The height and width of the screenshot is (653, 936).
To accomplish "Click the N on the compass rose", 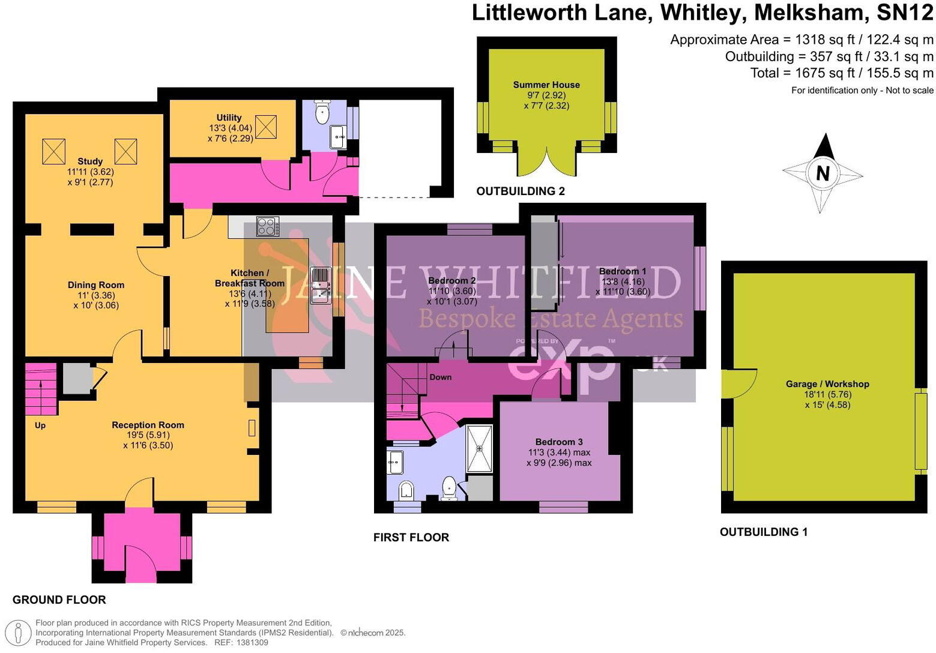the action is [823, 173].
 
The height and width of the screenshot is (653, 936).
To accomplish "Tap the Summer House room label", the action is [546, 85].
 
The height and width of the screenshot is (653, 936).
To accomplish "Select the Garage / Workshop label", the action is [827, 384].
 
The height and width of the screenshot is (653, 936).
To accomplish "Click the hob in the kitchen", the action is [267, 226].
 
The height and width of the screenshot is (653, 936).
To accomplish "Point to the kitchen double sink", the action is [321, 286].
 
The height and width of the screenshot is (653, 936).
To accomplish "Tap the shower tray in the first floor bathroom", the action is [480, 448].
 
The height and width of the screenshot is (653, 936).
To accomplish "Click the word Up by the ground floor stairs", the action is [40, 426].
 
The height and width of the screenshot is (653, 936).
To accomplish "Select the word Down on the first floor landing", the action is [440, 377].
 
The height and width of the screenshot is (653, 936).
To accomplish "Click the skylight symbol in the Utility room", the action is [266, 126].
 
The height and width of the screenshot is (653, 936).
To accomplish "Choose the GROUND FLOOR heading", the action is [59, 600].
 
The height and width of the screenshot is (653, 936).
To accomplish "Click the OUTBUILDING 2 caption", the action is [521, 191].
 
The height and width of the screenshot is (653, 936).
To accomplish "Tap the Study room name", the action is [90, 161].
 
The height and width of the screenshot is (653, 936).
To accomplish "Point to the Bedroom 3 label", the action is [559, 442].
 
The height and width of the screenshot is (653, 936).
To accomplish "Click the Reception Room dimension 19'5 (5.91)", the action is [148, 435].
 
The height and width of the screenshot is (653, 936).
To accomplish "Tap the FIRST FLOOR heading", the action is [411, 537].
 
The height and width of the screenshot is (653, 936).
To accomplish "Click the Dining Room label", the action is [96, 285].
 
